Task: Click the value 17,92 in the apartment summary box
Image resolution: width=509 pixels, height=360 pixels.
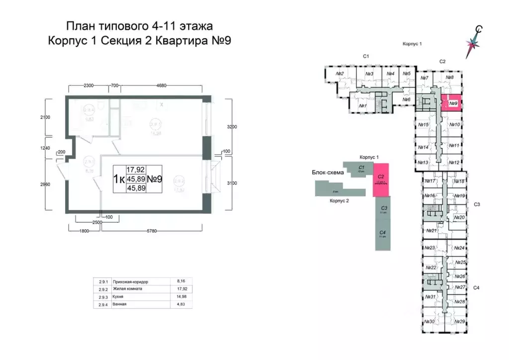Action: coord(135,170)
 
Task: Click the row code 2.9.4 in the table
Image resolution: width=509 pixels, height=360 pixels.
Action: coord(102,304)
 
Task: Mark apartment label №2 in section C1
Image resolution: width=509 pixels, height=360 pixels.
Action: coord(340,75)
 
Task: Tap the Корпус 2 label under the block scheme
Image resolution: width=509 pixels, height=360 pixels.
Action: coord(338,201)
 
